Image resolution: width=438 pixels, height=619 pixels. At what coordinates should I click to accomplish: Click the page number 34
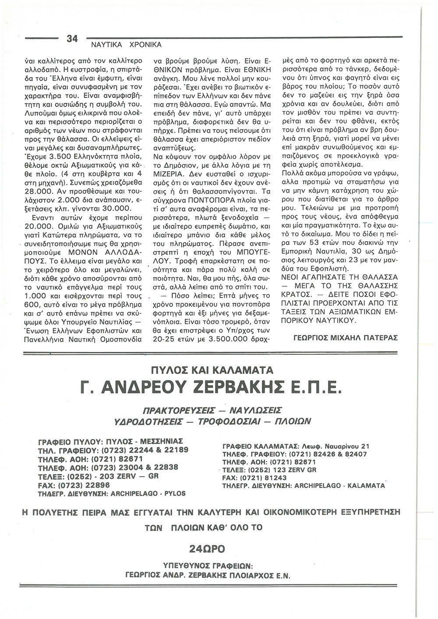(x=71, y=39)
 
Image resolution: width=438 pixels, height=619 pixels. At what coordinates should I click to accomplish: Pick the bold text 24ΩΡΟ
(x=206, y=547)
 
